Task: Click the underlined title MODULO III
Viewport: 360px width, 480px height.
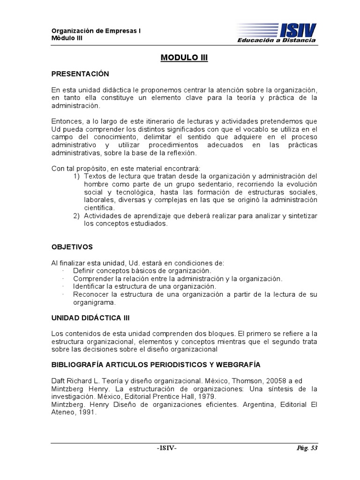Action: point(184,58)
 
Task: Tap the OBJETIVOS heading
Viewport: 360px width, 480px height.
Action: point(72,247)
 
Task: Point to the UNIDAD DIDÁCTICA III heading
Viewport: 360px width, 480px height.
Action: point(90,318)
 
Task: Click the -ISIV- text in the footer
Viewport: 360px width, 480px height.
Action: point(167,448)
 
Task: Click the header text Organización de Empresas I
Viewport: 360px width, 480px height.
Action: point(96,31)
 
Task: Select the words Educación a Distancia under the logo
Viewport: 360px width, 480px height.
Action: point(277,41)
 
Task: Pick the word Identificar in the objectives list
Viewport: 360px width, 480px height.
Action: point(90,286)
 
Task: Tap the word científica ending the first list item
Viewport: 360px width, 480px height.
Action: point(99,207)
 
